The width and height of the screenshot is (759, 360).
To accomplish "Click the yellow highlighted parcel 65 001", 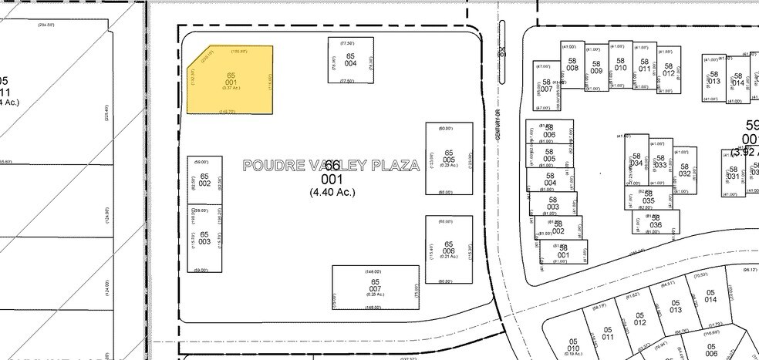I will pos(230,79).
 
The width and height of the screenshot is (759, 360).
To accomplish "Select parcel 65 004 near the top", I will pos(350,59).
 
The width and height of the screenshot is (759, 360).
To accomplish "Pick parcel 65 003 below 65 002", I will pos(204,237).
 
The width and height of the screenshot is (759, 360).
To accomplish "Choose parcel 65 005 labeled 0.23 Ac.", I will pos(449,157).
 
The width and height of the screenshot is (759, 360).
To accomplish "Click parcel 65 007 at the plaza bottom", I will pos(376,287).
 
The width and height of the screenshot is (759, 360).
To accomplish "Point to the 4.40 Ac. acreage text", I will pos(332,192).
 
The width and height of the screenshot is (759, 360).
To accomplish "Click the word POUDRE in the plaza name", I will pos(269,165).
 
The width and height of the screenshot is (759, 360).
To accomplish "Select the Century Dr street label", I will pos(499,123).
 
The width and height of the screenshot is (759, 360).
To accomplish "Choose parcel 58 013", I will pos(713,77).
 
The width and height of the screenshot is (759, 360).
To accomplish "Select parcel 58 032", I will pos(684,170).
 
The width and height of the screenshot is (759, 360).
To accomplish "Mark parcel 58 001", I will pos(563,251).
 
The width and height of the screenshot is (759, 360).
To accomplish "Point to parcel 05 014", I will pos(710,298).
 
